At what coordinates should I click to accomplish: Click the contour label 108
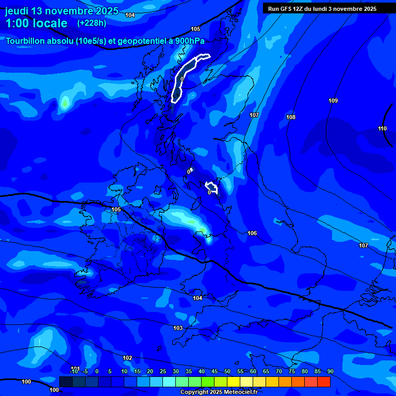click(x=291, y=118)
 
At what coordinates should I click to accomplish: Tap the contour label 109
click(x=333, y=101)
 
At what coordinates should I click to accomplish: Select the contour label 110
click(x=382, y=128)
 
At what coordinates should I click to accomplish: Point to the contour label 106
click(x=252, y=234)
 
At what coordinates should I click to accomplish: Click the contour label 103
click(x=178, y=328)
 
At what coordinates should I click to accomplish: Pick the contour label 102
click(x=127, y=358)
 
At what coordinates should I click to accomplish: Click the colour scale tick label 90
click(x=330, y=372)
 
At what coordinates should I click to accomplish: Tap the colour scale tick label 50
click(x=227, y=372)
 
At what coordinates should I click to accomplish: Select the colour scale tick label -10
click(x=74, y=372)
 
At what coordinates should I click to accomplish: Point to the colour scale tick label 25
click(x=163, y=372)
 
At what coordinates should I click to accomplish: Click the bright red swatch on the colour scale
click(x=323, y=382)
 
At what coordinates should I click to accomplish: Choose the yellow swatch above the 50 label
click(x=234, y=382)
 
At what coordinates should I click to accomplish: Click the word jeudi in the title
click(x=17, y=11)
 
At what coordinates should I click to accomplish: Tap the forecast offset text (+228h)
click(x=91, y=23)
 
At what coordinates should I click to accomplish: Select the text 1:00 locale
click(x=36, y=23)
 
